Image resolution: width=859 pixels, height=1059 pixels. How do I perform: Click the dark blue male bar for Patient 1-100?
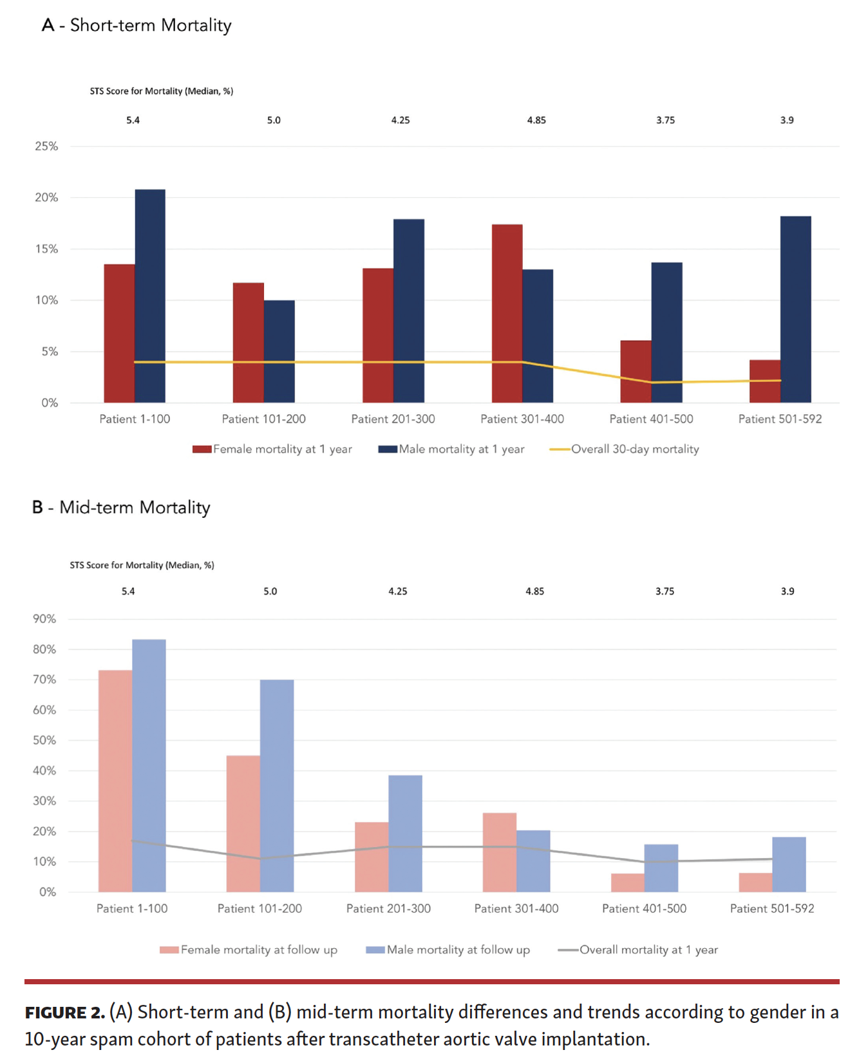click(x=150, y=296)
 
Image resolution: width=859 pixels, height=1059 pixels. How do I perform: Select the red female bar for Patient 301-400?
click(x=507, y=313)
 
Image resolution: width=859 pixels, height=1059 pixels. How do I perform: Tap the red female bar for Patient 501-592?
click(x=764, y=381)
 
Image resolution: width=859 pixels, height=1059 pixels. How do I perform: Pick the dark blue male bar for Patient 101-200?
click(x=279, y=351)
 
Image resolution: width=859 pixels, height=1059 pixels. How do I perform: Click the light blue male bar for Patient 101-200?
click(x=277, y=785)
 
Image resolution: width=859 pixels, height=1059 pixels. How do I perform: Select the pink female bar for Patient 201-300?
click(x=372, y=857)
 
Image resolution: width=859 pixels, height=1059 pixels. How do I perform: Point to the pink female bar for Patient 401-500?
click(x=627, y=882)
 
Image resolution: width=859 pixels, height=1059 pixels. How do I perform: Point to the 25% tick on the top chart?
click(x=46, y=146)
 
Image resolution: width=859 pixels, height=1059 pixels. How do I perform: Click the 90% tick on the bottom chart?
click(x=44, y=619)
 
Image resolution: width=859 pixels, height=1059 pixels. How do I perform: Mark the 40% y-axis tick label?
click(x=44, y=770)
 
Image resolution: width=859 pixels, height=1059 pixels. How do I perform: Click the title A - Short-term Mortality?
click(x=137, y=25)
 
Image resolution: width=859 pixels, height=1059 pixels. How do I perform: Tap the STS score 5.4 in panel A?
click(x=133, y=120)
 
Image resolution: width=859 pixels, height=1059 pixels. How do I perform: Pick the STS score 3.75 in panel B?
click(x=665, y=591)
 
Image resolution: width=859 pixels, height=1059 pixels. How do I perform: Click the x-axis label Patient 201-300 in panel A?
click(x=393, y=419)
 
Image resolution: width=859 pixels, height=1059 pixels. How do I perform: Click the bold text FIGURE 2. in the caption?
click(x=64, y=1013)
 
